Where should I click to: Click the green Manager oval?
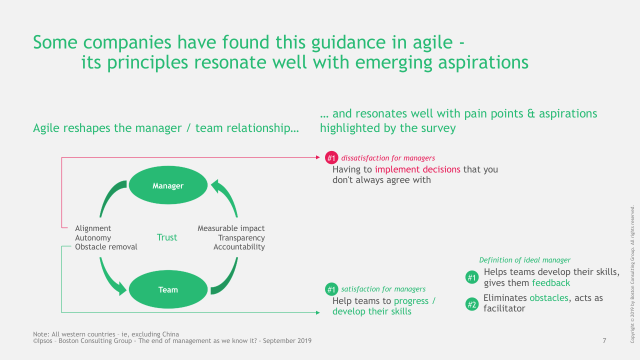coord(168,185)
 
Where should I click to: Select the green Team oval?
coord(168,289)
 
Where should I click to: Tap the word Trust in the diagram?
coord(167,237)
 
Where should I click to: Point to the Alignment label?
coord(93,228)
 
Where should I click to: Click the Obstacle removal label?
coord(106,247)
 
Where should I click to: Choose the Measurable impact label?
coord(231,228)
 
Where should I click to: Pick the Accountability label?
coord(239,247)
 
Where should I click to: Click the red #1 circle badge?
coord(331,158)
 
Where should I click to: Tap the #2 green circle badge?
coord(471,303)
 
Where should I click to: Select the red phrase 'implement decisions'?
coord(417,169)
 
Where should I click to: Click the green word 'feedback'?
coord(551,283)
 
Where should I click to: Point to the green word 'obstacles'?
coord(549,298)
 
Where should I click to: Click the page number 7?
coord(604,341)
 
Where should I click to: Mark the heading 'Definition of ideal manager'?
coord(524,260)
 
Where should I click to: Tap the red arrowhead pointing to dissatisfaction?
coord(317,157)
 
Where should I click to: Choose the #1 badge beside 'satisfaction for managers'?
coord(331,289)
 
